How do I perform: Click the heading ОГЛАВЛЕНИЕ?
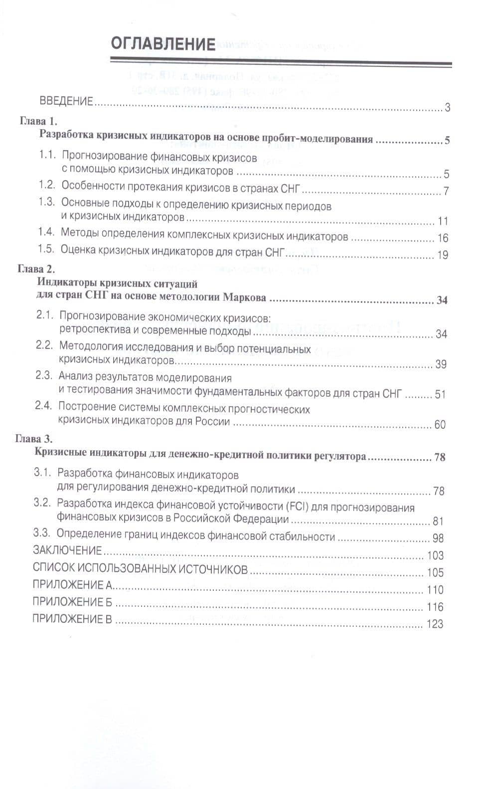coord(163,44)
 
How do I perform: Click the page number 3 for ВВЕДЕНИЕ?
coord(447,107)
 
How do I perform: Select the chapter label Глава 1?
coord(39,121)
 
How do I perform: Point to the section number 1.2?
coord(46,185)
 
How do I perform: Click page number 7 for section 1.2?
coord(446,191)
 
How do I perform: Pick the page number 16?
coord(443,238)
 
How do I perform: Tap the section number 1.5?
coord(46,249)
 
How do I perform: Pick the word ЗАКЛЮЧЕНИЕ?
coord(67,550)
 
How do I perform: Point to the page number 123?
coord(435,624)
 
